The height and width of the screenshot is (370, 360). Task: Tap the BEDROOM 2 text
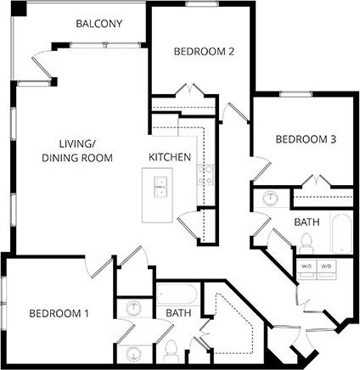pyautogui.click(x=204, y=52)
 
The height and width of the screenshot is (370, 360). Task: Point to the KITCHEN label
pyautogui.click(x=170, y=158)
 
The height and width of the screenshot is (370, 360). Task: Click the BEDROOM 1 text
pyautogui.click(x=59, y=313)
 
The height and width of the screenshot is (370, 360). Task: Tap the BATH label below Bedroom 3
pyautogui.click(x=307, y=222)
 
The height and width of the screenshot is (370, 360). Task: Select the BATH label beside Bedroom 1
pyautogui.click(x=178, y=313)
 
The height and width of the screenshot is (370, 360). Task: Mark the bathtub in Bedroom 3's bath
pyautogui.click(x=340, y=233)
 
